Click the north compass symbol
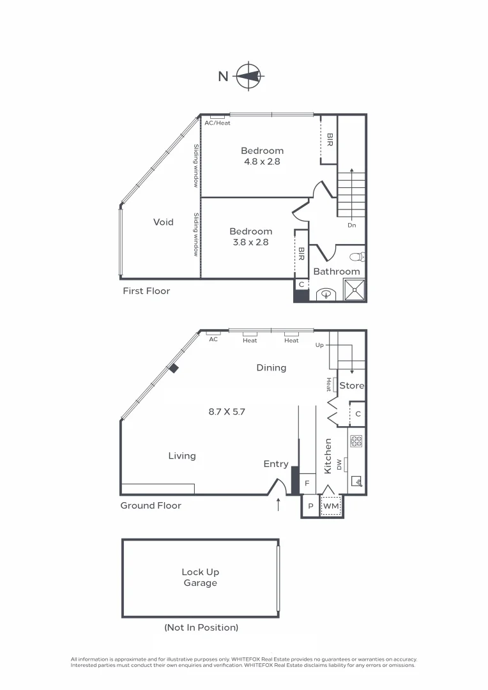pyautogui.click(x=248, y=76)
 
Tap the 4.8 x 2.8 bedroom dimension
pyautogui.click(x=262, y=162)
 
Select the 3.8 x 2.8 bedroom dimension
pyautogui.click(x=250, y=242)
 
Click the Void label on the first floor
pyautogui.click(x=164, y=222)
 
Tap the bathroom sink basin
pyautogui.click(x=326, y=295)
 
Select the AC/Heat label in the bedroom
pyautogui.click(x=217, y=123)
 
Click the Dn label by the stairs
pyautogui.click(x=351, y=226)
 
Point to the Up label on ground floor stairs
pyautogui.click(x=320, y=345)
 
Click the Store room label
pyautogui.click(x=351, y=386)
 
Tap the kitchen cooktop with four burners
pyautogui.click(x=356, y=441)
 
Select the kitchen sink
pyautogui.click(x=356, y=482)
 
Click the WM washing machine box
pyautogui.click(x=331, y=506)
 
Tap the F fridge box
pyautogui.click(x=307, y=483)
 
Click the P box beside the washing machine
pyautogui.click(x=310, y=506)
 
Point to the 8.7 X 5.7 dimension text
pyautogui.click(x=227, y=412)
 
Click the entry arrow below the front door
pyautogui.click(x=278, y=506)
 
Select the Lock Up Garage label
pyautogui.click(x=200, y=578)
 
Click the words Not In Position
pyautogui.click(x=201, y=627)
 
